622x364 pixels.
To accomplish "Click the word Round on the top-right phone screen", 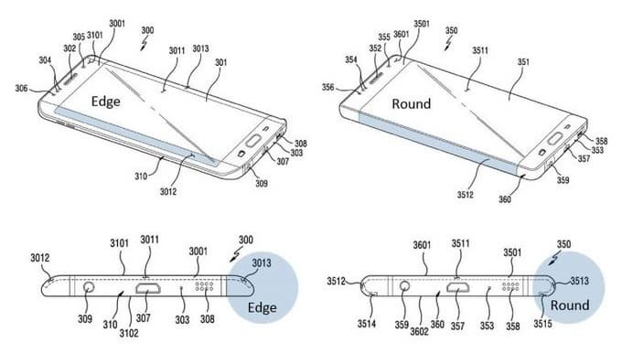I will pos(411,103).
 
